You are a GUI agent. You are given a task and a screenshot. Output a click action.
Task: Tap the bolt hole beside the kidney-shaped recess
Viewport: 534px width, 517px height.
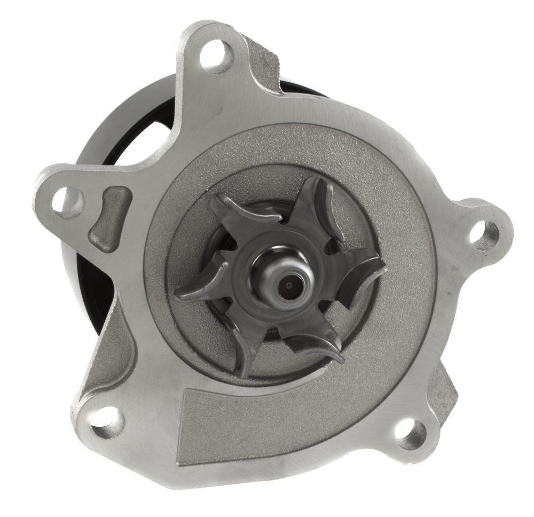pos(68,201)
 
